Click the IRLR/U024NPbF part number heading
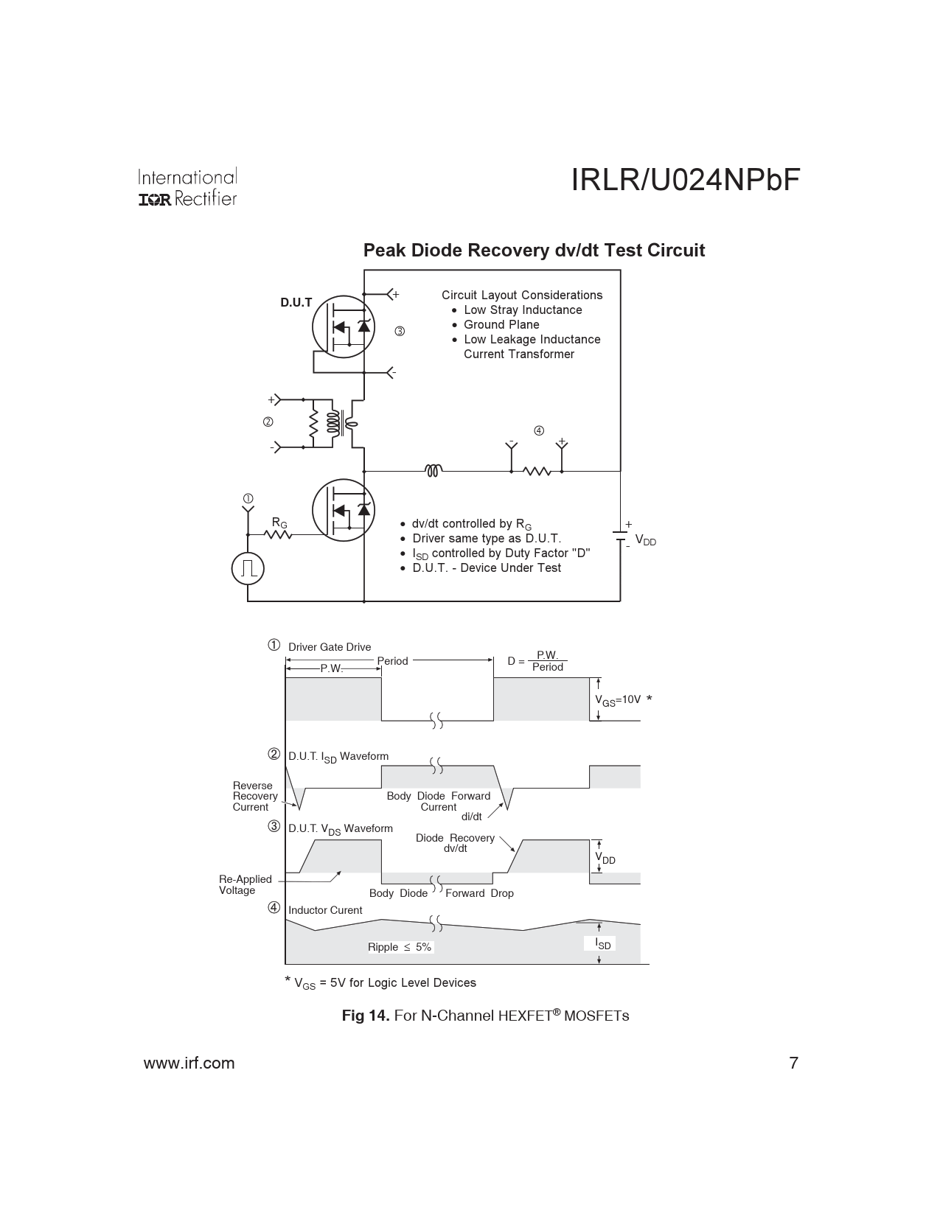pyautogui.click(x=685, y=181)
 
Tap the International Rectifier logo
pyautogui.click(x=188, y=188)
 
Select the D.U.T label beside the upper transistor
pyautogui.click(x=296, y=302)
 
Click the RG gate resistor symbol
pyautogui.click(x=279, y=534)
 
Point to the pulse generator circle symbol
pyautogui.click(x=248, y=567)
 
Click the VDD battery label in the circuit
pyautogui.click(x=645, y=542)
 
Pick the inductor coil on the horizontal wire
pyautogui.click(x=433, y=470)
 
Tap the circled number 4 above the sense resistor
pyautogui.click(x=539, y=430)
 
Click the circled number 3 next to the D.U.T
pyautogui.click(x=400, y=332)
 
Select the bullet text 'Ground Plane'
pyautogui.click(x=501, y=324)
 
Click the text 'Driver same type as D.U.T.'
pyautogui.click(x=487, y=538)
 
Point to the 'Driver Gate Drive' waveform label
pyautogui.click(x=330, y=647)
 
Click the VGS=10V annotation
pyautogui.click(x=618, y=700)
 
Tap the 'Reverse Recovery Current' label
pyautogui.click(x=255, y=796)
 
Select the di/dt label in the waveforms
pyautogui.click(x=471, y=817)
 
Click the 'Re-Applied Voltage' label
pyautogui.click(x=245, y=884)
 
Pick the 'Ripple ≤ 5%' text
pyautogui.click(x=400, y=947)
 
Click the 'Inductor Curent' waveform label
pyautogui.click(x=325, y=910)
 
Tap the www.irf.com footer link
pyautogui.click(x=189, y=1063)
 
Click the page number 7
pyautogui.click(x=793, y=1063)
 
